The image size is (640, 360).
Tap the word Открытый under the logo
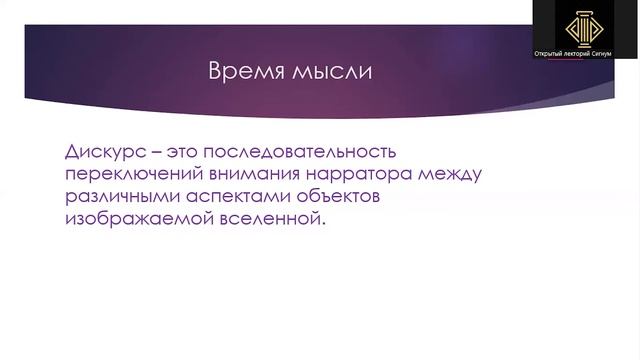pos(553,51)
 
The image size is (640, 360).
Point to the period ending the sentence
pos(323,224)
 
